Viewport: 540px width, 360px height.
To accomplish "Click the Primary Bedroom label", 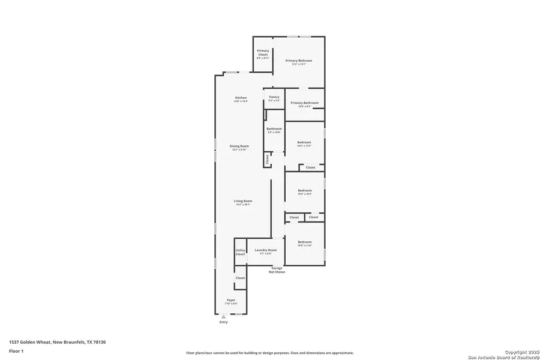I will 298,61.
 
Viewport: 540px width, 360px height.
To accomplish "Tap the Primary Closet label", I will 263,53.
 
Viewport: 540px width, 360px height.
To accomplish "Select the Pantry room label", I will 274,97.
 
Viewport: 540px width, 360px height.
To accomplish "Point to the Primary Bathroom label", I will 304,103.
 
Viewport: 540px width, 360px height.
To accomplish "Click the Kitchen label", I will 241,98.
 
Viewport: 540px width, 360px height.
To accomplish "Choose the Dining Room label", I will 239,146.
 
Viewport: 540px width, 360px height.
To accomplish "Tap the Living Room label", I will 243,201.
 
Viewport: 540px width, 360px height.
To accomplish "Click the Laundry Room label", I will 265,250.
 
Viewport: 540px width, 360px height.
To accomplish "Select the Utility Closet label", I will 240,252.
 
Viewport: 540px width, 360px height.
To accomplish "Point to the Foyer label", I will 231,300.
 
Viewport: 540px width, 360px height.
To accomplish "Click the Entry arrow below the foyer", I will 223,317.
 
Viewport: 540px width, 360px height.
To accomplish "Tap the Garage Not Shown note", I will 277,270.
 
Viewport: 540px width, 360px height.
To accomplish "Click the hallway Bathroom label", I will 274,128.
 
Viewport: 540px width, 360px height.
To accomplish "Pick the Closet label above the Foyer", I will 240,278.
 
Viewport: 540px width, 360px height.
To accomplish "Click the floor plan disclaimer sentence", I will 269,353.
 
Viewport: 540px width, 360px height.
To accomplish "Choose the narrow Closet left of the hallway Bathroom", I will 267,159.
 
